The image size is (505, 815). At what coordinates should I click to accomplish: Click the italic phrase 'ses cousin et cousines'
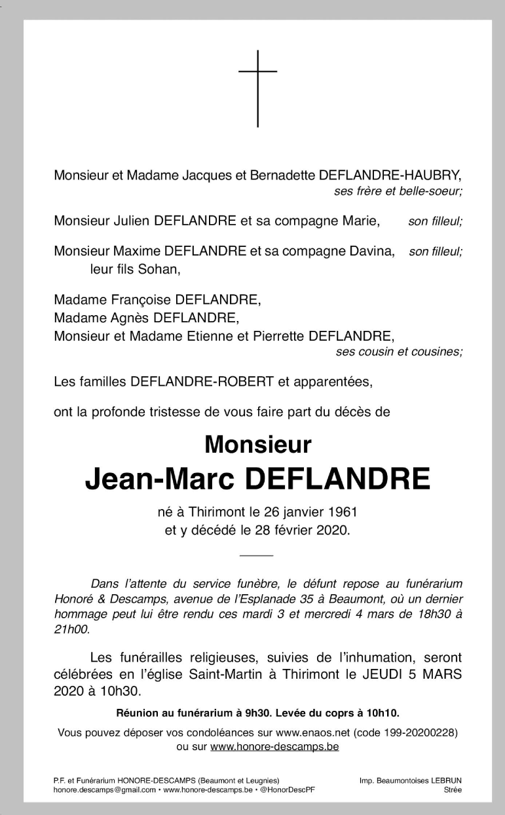click(x=398, y=352)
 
